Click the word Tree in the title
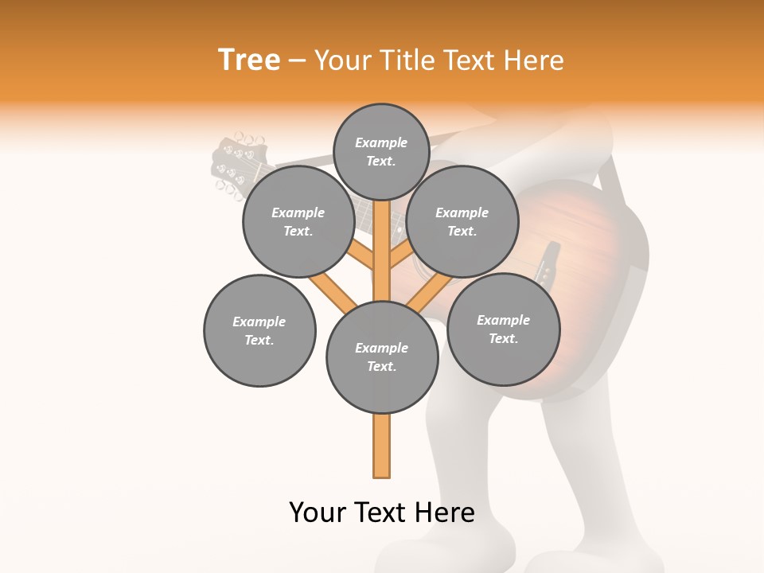click(x=249, y=60)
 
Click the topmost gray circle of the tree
click(x=381, y=151)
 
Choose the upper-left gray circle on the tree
click(x=298, y=221)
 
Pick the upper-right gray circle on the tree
click(x=462, y=221)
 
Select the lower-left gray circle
click(x=259, y=330)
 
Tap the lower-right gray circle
click(x=503, y=329)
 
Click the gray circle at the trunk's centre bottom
click(x=382, y=357)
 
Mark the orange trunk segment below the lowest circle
click(x=382, y=446)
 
